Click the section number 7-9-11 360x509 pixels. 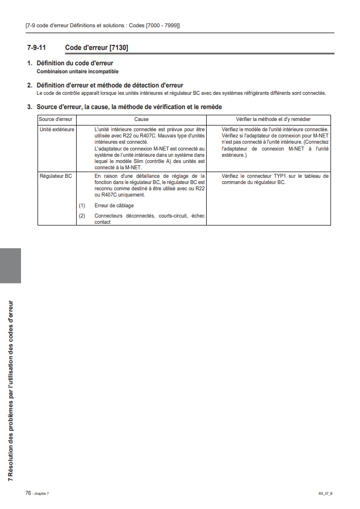point(36,48)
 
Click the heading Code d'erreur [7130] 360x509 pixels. point(97,48)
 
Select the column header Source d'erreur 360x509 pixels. point(56,119)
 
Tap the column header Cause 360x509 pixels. point(141,119)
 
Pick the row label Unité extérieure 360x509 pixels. point(57,130)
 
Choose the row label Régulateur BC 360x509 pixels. point(56,177)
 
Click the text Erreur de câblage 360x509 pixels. point(114,206)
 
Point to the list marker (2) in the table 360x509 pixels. point(82,216)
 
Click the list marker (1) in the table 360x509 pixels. point(82,206)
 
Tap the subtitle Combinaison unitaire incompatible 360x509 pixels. point(78,72)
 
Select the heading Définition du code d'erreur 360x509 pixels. point(74,63)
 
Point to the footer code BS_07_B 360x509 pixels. point(325,493)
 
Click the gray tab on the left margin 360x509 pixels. point(10,265)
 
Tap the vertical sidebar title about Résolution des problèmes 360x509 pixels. point(10,392)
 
